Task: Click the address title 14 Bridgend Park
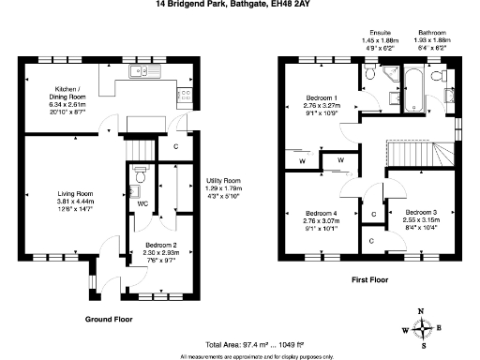(240, 5)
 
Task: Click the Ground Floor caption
(109, 319)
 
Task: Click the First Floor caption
(370, 279)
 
